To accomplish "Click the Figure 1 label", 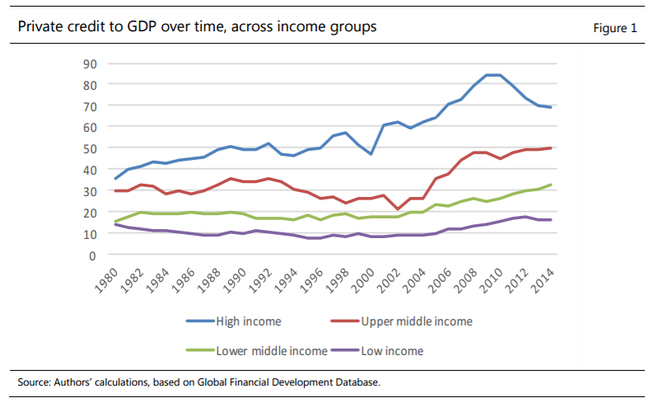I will (615, 28).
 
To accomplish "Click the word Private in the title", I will (41, 27).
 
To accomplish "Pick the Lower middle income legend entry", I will (271, 351).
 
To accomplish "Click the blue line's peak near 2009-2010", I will (493, 75).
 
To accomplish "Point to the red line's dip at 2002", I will (399, 209).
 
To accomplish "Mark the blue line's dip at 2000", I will (371, 154).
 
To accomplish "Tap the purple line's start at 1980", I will (115, 224).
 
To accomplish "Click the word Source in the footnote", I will (34, 382).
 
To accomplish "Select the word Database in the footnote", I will (358, 382).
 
